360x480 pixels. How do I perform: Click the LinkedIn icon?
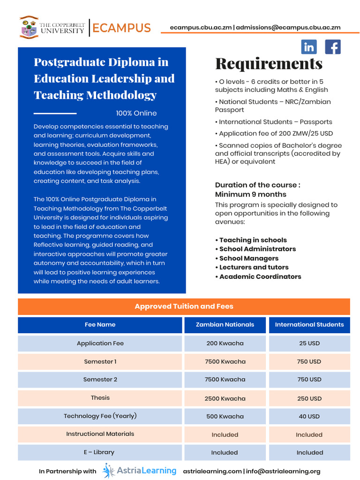309,47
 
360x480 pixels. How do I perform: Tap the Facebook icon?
333,47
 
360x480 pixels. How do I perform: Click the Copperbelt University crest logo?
29,27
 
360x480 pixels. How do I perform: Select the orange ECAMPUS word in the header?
121,28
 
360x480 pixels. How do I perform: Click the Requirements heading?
269,63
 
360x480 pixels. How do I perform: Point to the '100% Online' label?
136,113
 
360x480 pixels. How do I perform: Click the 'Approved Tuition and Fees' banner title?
184,306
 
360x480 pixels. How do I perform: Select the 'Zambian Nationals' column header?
225,324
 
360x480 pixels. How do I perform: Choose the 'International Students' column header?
309,324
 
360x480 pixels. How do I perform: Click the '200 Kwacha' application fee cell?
225,343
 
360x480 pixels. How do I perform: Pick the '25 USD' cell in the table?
309,343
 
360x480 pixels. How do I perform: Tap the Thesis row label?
100,397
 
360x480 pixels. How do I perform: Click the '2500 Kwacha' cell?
225,398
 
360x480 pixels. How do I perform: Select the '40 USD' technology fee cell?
309,416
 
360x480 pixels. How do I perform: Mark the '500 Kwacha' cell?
225,416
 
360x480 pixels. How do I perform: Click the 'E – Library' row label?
99,452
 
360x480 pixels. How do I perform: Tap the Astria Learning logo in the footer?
140,471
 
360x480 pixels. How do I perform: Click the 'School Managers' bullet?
248,258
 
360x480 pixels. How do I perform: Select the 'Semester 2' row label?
100,379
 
